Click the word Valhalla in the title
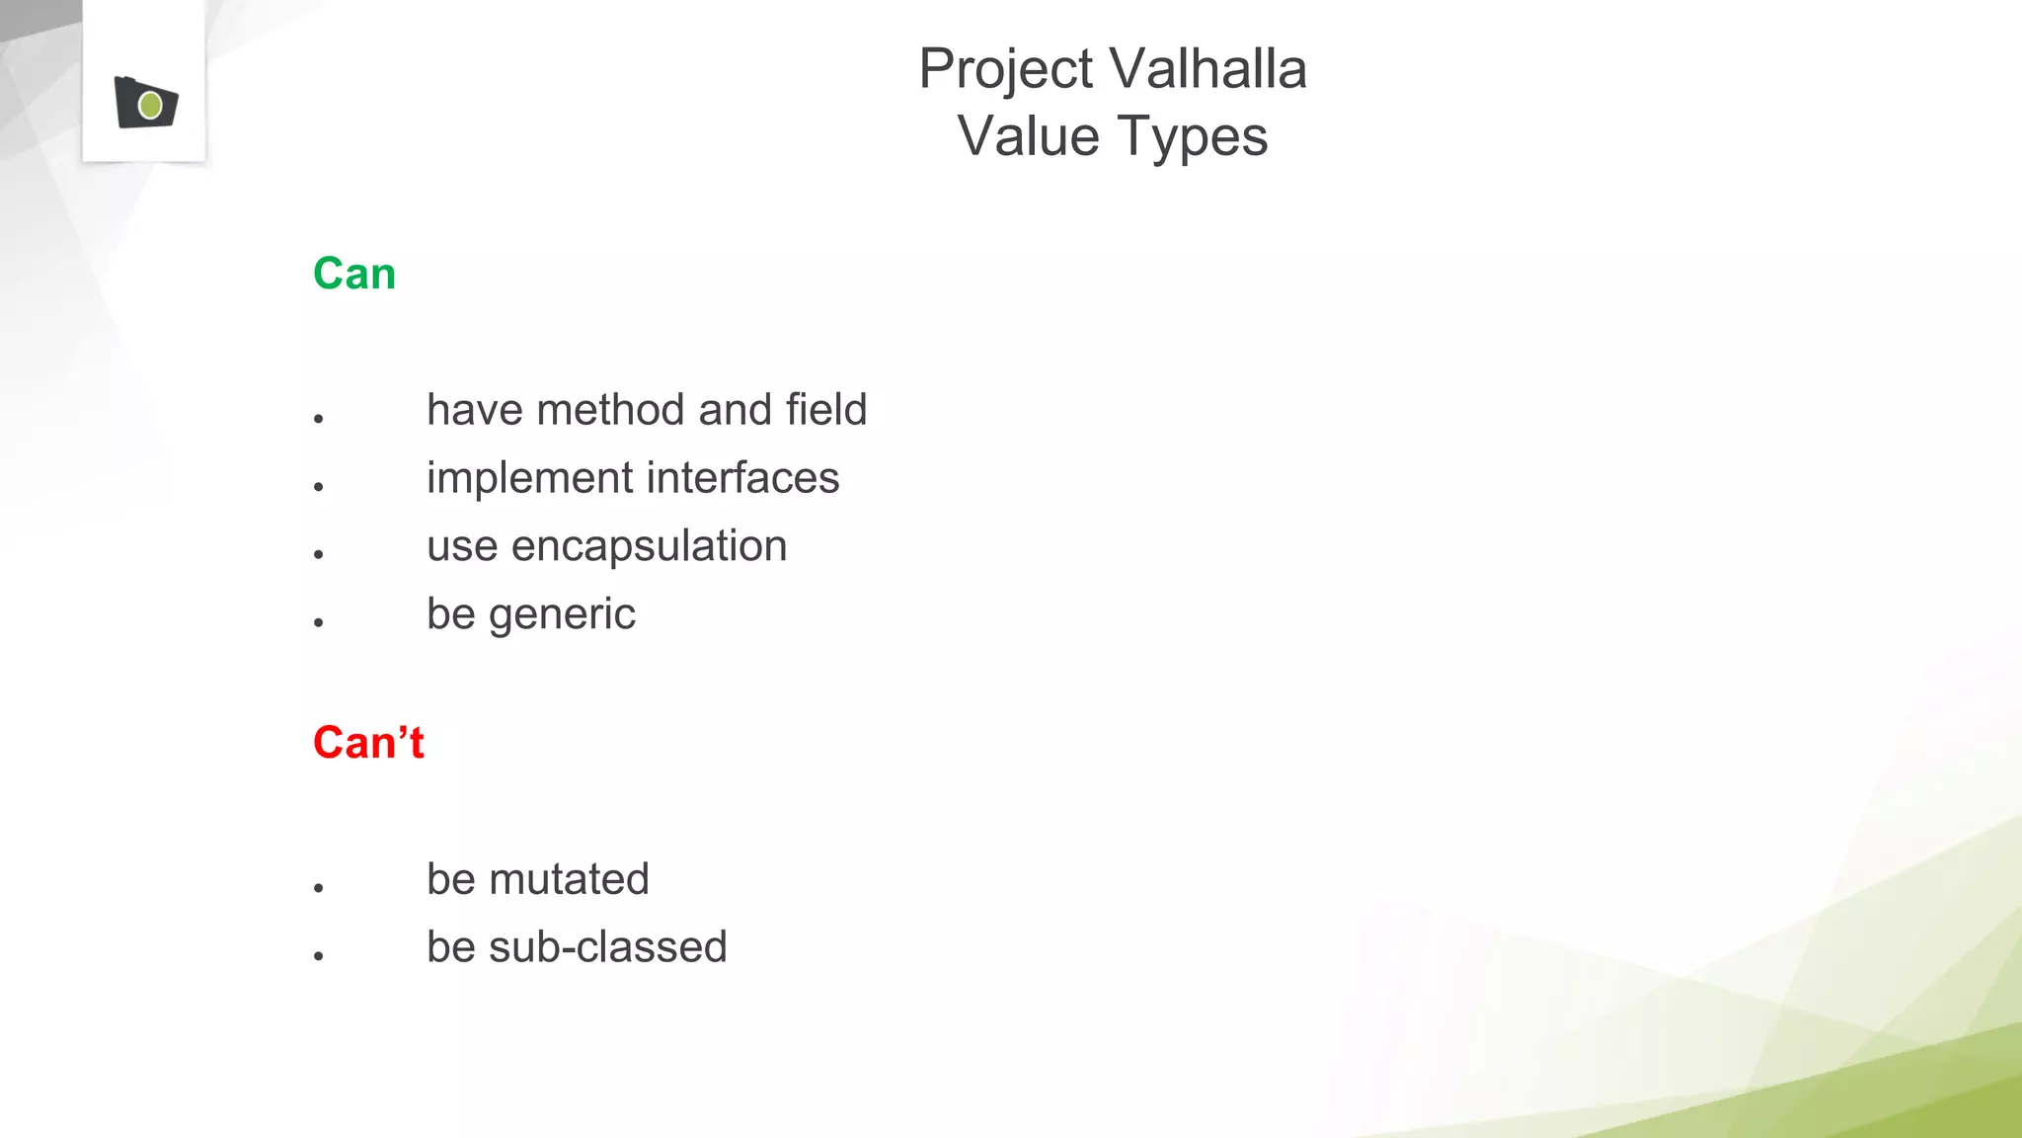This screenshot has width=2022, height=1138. pos(1207,69)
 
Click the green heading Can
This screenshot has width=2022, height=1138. pos(354,274)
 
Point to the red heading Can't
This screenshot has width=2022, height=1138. pos(368,743)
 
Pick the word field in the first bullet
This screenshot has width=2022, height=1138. pos(826,410)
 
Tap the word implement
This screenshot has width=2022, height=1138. pos(529,479)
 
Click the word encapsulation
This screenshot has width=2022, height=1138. pos(649,546)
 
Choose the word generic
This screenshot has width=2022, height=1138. pos(562,615)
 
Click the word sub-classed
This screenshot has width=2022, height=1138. pos(607,947)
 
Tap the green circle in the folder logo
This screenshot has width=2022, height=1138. pos(150,105)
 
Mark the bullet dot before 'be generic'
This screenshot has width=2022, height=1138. pos(319,622)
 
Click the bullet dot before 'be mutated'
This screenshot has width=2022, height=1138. pos(319,888)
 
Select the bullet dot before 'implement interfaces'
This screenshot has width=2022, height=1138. pos(319,486)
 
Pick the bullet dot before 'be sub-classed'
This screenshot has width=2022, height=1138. pos(319,956)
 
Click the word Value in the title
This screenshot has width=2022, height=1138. pos(1028,136)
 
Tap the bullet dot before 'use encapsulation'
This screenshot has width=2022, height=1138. pos(319,554)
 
